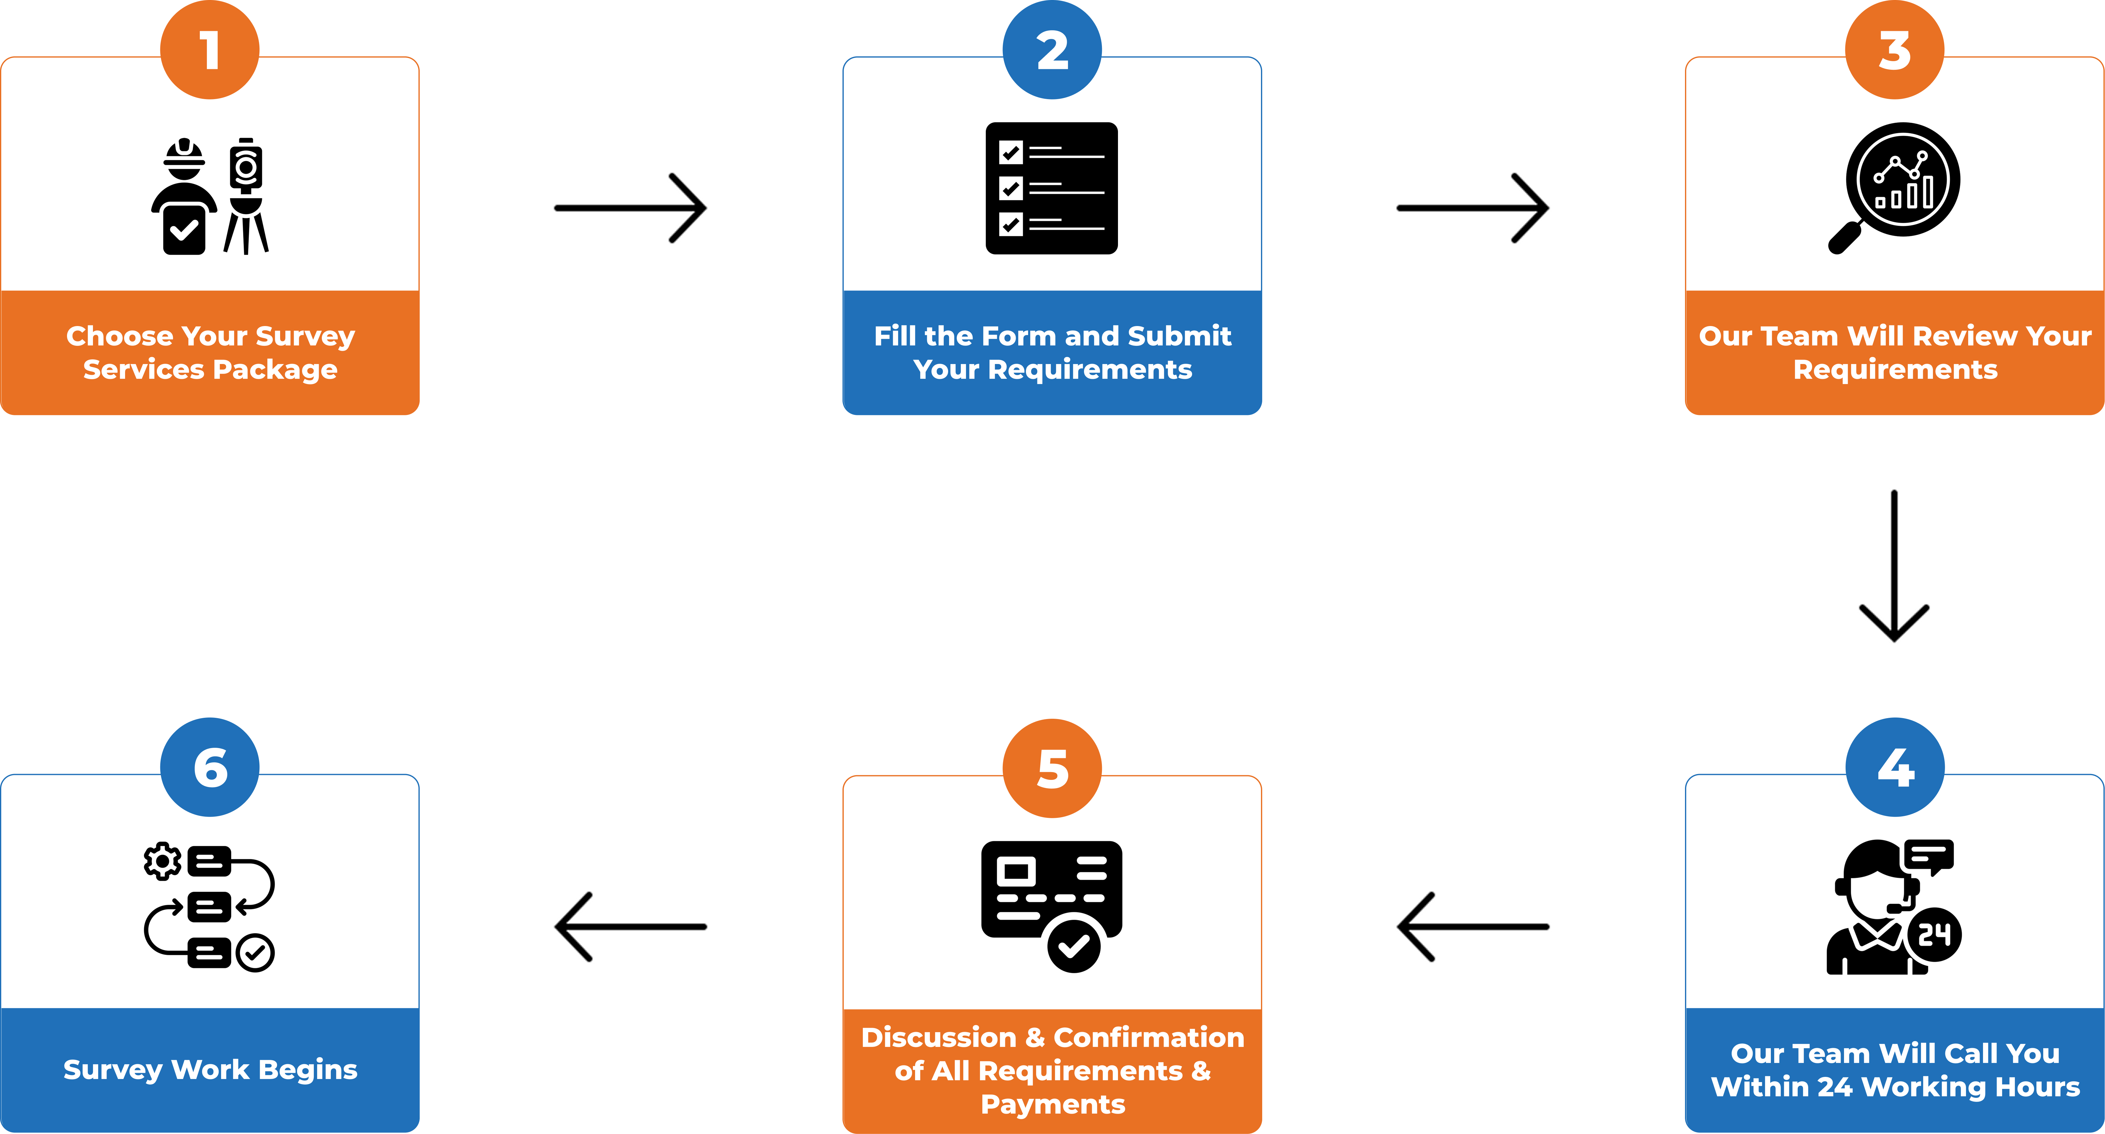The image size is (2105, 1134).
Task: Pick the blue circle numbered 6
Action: (x=210, y=767)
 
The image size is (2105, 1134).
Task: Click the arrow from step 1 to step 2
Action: (x=630, y=208)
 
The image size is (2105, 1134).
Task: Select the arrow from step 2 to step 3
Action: (x=1473, y=208)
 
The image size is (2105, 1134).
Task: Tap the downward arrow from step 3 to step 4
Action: (x=1894, y=565)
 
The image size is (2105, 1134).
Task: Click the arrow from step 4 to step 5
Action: (x=1473, y=927)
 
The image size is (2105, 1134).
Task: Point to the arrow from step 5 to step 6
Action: (x=630, y=927)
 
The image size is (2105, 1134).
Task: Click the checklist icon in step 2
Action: (x=1052, y=188)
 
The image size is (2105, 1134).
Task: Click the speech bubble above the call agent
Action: (x=1928, y=856)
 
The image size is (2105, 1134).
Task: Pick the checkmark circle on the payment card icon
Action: (x=1074, y=945)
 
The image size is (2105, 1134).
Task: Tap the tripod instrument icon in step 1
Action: (x=246, y=196)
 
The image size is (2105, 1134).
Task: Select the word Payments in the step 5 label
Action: (x=1052, y=1104)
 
